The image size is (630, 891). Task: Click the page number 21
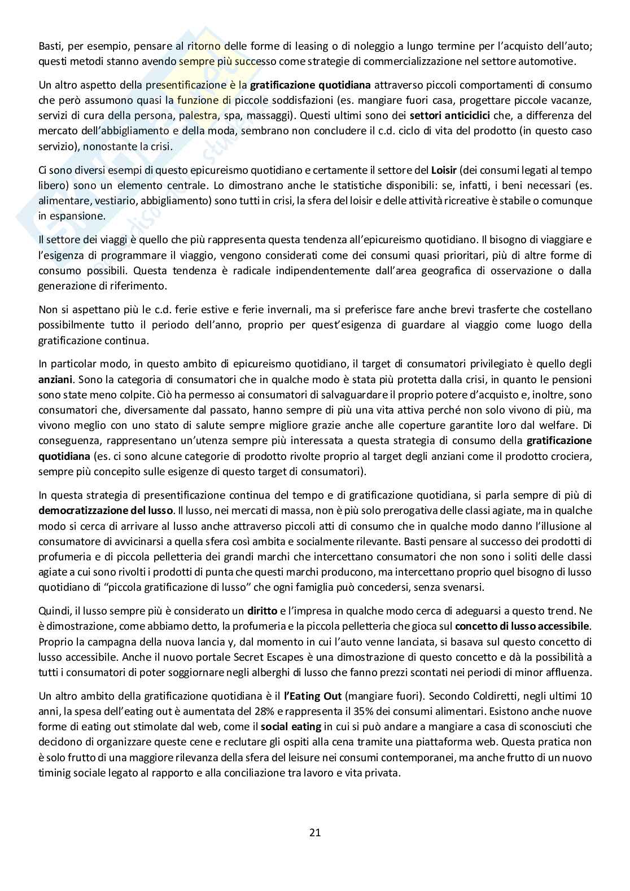tap(315, 832)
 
